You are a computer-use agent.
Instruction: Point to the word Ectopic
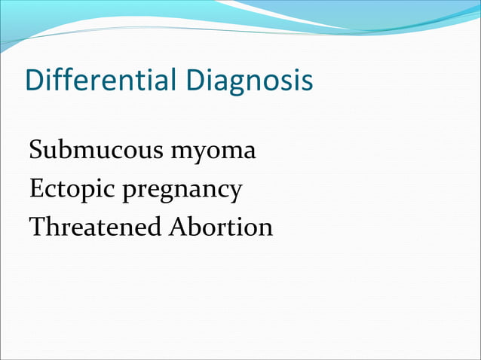(x=71, y=188)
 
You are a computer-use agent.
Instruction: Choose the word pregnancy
(x=182, y=190)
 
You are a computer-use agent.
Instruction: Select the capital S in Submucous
(x=36, y=151)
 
